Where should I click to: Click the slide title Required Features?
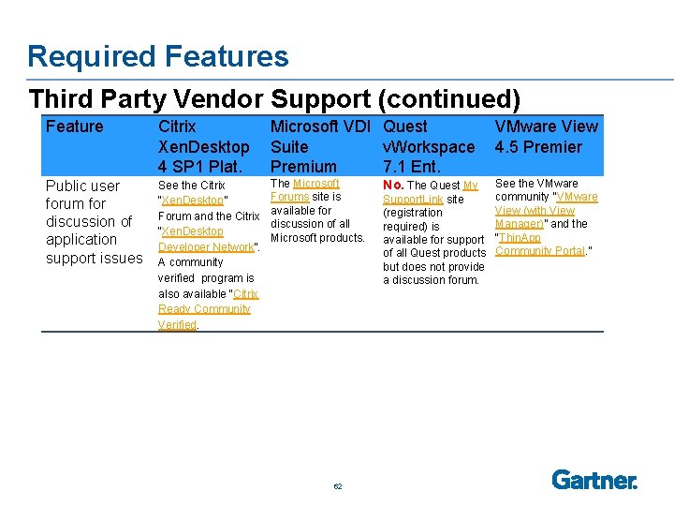157,56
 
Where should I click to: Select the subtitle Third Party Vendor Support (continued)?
274,98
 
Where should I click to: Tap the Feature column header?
75,126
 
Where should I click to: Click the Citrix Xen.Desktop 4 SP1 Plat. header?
203,146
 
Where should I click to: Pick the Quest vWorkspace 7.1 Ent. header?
429,146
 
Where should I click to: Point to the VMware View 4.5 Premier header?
546,137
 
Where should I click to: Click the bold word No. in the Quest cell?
393,186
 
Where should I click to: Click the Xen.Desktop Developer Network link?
200,239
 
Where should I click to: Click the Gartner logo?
594,480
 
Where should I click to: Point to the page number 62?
337,486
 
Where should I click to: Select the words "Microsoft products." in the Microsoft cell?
317,238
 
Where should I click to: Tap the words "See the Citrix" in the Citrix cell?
191,186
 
